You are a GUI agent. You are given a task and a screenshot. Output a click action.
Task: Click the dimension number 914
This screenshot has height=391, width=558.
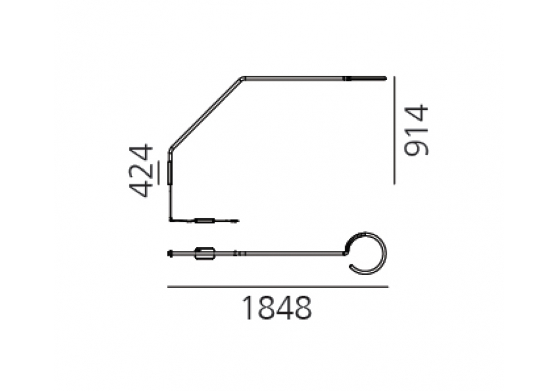point(416,130)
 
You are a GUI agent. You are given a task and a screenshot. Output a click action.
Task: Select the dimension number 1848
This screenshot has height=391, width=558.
point(277,308)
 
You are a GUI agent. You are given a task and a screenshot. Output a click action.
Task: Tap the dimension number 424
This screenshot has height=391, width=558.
point(141,170)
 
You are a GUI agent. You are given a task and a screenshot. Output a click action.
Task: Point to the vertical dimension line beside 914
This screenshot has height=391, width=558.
point(395,130)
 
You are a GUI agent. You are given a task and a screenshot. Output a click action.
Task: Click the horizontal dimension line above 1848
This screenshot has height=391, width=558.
point(277,287)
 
